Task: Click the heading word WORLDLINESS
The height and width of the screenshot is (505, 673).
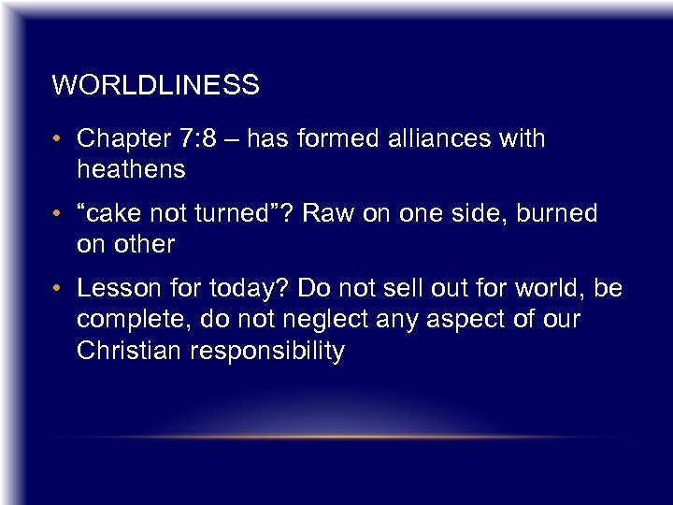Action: pyautogui.click(x=155, y=86)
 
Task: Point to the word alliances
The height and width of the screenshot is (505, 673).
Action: pyautogui.click(x=437, y=139)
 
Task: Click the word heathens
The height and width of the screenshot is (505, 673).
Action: pyautogui.click(x=131, y=169)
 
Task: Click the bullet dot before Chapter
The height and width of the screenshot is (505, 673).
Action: pyautogui.click(x=60, y=140)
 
